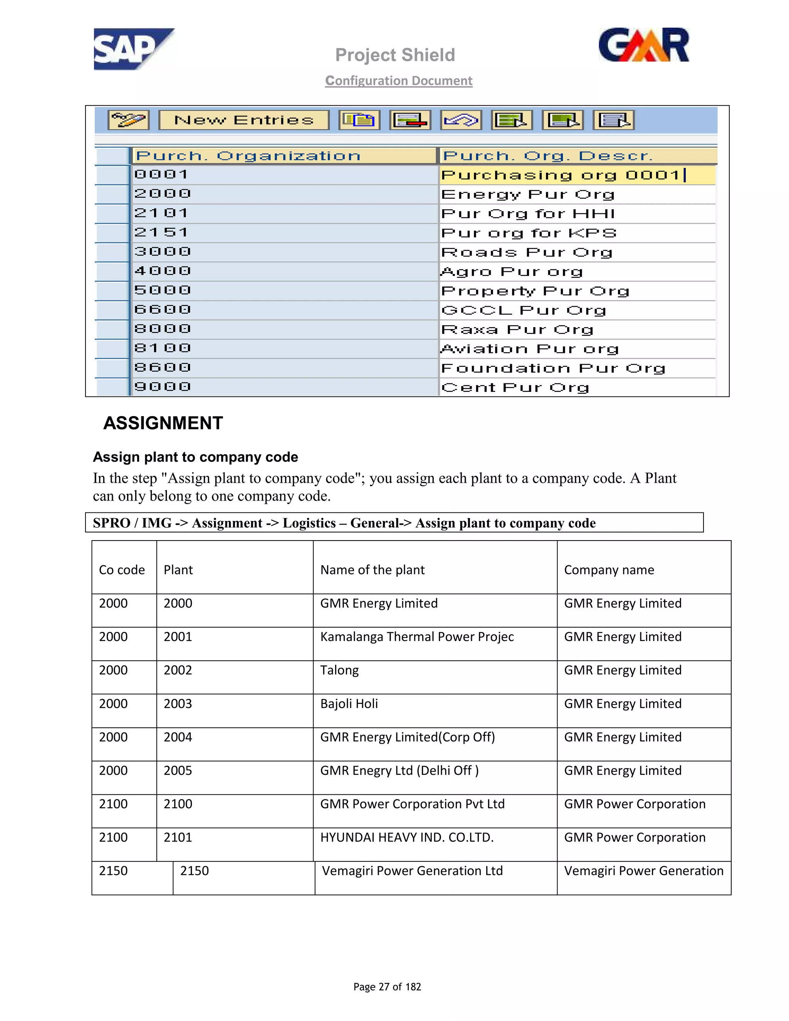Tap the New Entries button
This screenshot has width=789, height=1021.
click(x=243, y=120)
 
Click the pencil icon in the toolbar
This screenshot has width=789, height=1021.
click(x=129, y=120)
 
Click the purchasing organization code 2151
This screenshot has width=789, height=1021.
click(x=161, y=232)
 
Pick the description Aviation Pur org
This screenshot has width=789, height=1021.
click(x=530, y=349)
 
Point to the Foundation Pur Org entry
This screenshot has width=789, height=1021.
click(x=553, y=368)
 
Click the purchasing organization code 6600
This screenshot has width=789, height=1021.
click(x=163, y=309)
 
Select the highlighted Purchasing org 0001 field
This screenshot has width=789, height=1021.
click(x=561, y=175)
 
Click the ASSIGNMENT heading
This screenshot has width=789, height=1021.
click(x=163, y=423)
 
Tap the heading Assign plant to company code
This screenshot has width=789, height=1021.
click(x=195, y=457)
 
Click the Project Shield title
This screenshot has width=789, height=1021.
click(x=395, y=55)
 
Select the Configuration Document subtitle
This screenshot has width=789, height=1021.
click(x=399, y=81)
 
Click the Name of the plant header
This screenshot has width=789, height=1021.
click(x=373, y=570)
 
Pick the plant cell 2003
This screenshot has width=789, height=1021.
click(x=178, y=704)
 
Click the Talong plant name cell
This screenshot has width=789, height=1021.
click(x=340, y=670)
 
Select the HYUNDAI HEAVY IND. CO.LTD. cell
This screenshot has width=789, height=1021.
click(x=407, y=837)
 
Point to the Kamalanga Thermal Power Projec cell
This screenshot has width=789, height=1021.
click(x=417, y=637)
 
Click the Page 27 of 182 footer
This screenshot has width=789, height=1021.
click(x=387, y=987)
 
